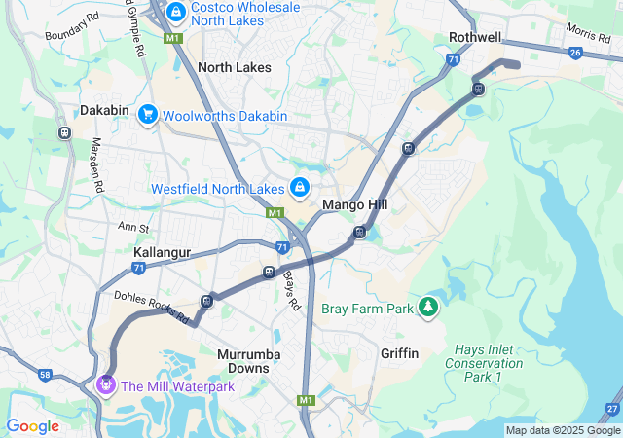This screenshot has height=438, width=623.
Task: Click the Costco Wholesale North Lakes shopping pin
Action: coord(176,13)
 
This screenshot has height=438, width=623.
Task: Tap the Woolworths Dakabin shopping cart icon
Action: coord(148,116)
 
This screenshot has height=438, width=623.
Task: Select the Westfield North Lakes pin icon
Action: coord(300,187)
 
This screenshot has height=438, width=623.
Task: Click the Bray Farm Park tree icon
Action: coord(427,308)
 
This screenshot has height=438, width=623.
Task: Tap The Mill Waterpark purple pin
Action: coord(106,385)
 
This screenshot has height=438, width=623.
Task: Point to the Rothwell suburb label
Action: coord(475,37)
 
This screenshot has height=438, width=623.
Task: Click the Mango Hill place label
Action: coord(354,205)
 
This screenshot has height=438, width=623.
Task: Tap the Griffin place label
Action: coord(399,353)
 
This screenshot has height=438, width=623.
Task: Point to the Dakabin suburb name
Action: coord(104,110)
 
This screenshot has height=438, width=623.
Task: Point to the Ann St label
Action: coord(132,228)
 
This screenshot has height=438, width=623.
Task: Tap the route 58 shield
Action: coord(46,374)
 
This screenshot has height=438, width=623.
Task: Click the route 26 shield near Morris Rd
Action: coord(576,53)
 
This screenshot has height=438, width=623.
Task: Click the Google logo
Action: coord(32,426)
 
